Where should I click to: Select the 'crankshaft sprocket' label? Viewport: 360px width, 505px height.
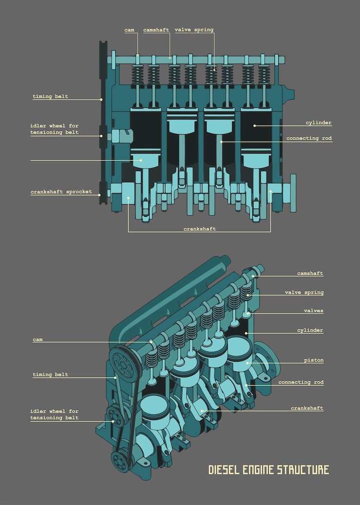coord(61,192)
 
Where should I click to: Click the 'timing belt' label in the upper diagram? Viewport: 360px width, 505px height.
coord(50,97)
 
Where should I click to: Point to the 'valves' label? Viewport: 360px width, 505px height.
coord(313,311)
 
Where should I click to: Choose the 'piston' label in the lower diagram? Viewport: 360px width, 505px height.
coord(314,361)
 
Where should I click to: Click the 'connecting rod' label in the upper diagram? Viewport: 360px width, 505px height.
coord(309,139)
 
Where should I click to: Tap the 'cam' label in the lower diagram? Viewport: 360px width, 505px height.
coord(37,340)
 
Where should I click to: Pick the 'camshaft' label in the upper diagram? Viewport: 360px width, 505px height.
coord(156,30)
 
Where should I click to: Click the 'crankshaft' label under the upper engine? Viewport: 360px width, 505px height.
coord(199,228)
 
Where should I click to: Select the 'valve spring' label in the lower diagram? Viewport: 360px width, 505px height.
coord(304,293)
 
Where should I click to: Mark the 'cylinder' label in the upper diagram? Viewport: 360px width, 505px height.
coord(319,123)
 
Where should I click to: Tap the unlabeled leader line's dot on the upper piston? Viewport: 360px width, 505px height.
coord(141,160)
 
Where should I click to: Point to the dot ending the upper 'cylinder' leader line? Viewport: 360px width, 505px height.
coord(254,125)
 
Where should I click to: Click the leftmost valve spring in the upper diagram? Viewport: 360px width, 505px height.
coord(138,75)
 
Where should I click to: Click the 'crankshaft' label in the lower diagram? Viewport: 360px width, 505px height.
coord(307,408)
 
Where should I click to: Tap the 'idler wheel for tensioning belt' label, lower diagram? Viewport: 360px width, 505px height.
coord(54,415)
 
